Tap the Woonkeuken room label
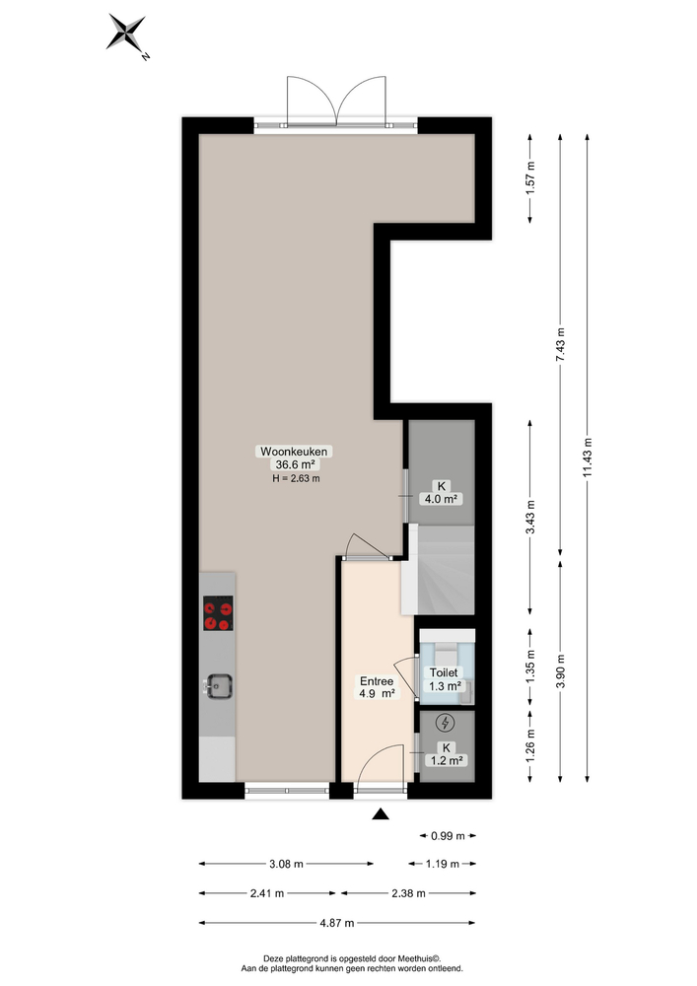(296, 452)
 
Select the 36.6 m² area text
(296, 464)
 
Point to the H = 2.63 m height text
(296, 478)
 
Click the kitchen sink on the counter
(217, 684)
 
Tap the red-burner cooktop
(218, 613)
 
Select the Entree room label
(378, 680)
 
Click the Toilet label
(443, 672)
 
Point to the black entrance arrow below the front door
(381, 814)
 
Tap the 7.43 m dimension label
(560, 346)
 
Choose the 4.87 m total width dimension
(337, 923)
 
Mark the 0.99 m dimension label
(447, 836)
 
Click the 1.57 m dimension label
(531, 177)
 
